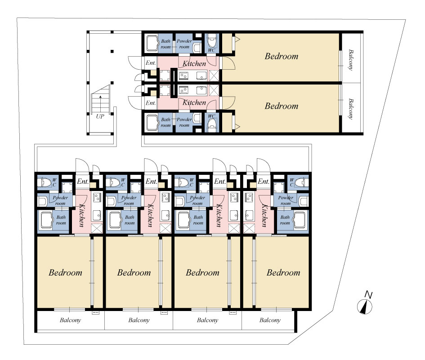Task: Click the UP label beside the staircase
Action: click(x=100, y=116)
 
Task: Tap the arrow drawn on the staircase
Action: click(x=101, y=100)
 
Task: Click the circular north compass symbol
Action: click(x=365, y=307)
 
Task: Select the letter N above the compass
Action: click(x=368, y=295)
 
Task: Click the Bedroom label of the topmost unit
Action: click(x=282, y=56)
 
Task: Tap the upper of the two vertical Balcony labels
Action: click(x=350, y=60)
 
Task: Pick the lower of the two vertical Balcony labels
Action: click(x=350, y=109)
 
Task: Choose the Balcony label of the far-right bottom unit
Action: click(x=270, y=320)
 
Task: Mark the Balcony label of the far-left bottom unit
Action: click(x=70, y=320)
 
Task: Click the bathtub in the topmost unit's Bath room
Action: click(x=152, y=44)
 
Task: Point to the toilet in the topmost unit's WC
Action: click(x=212, y=41)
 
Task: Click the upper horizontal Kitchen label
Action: click(x=194, y=63)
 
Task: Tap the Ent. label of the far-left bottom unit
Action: click(x=83, y=181)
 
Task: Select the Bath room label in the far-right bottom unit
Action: click(x=285, y=220)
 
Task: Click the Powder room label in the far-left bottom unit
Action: click(x=60, y=200)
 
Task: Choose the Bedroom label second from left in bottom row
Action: click(x=134, y=272)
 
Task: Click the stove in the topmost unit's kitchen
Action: click(x=183, y=75)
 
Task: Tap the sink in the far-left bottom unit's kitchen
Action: click(x=97, y=215)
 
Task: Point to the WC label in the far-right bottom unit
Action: click(x=291, y=182)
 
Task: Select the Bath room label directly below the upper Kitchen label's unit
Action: click(x=166, y=122)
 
